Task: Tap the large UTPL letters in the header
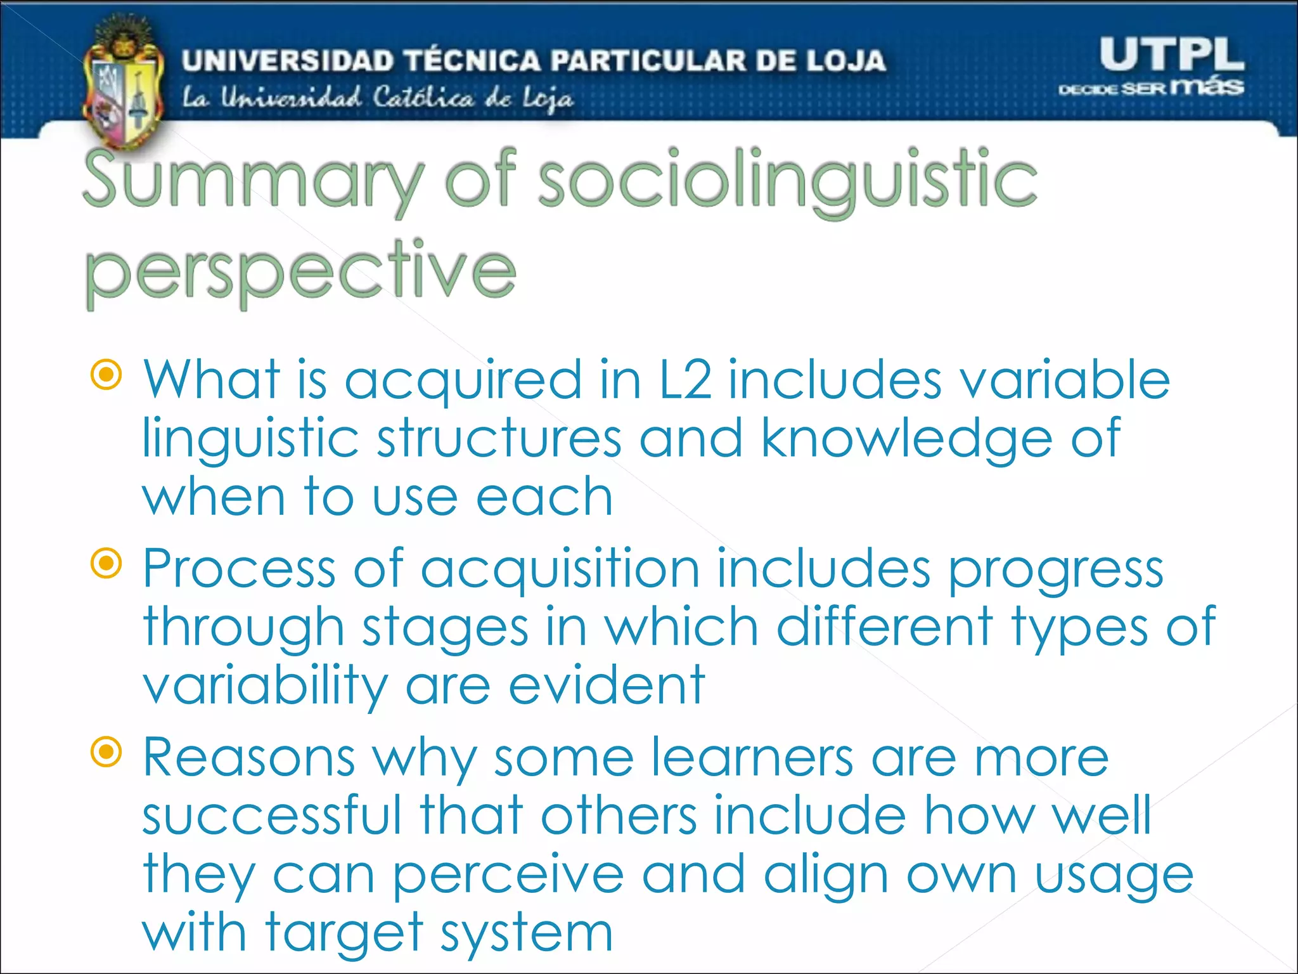tap(1171, 55)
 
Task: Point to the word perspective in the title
tap(300, 273)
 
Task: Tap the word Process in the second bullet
tap(239, 569)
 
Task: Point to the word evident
tap(607, 685)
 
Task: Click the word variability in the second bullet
tap(265, 687)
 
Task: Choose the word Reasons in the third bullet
tap(248, 758)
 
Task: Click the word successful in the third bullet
tap(273, 815)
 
